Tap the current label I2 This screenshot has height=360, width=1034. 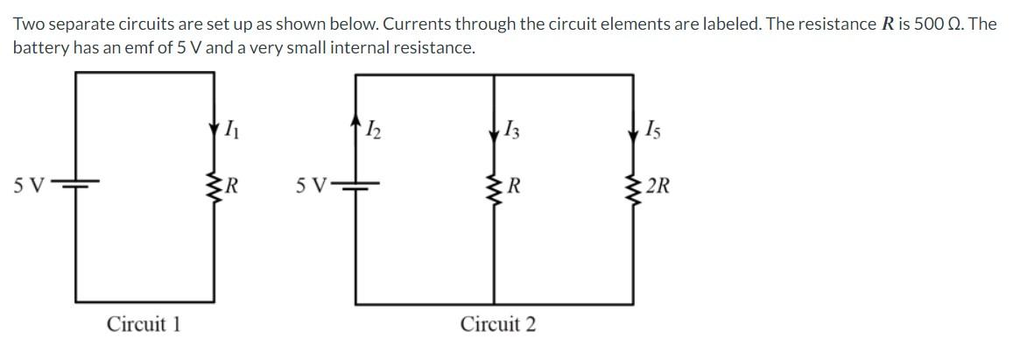[x=373, y=132]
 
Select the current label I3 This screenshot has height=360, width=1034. [x=512, y=132]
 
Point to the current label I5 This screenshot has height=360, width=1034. [x=652, y=132]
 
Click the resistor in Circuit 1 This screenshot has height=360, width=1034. [x=214, y=185]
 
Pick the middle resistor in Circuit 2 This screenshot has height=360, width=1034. [x=495, y=185]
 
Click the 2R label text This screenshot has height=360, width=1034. [x=658, y=186]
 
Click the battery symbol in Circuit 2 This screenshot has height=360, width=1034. [x=356, y=185]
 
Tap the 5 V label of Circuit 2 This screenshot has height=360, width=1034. [x=311, y=186]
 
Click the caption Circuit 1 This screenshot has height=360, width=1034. [x=144, y=324]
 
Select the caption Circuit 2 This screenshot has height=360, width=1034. [x=498, y=324]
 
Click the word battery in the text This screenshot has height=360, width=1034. [x=39, y=47]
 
